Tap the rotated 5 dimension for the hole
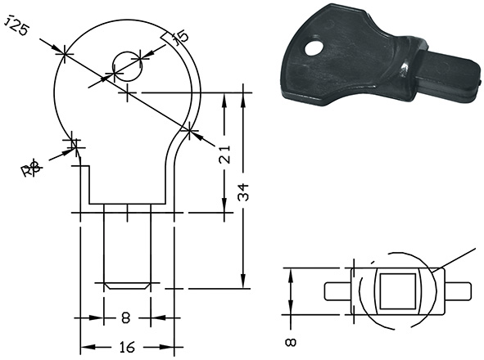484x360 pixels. tap(182, 36)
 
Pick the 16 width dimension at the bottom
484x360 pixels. tap(127, 347)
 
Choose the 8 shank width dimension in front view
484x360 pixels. tap(127, 317)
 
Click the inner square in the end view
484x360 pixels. tap(397, 290)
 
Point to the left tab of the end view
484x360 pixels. tap(337, 290)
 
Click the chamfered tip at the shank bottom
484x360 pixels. tap(127, 287)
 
